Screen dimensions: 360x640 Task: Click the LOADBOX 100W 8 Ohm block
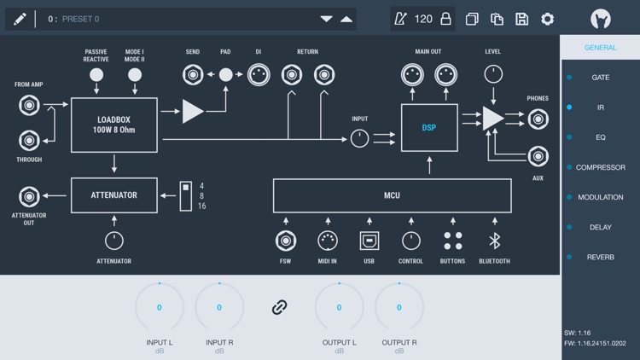(114, 125)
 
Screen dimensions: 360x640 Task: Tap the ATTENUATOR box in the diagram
(114, 195)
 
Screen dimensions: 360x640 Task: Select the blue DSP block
(429, 128)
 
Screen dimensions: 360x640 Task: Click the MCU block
(392, 195)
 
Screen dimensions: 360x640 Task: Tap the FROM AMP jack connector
(29, 106)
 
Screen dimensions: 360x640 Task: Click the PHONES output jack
(538, 119)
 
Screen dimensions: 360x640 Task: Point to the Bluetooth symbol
(494, 241)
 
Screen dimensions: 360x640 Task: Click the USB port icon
(369, 241)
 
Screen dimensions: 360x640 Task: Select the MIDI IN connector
(328, 241)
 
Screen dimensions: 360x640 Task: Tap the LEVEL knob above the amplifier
(493, 74)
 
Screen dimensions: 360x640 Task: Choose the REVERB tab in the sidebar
(601, 257)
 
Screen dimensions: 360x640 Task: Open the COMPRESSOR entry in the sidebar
(601, 167)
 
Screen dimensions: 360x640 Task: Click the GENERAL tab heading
(601, 48)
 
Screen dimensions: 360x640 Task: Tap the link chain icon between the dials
(279, 307)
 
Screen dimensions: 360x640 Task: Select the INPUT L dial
(160, 307)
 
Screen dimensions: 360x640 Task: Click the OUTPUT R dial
(399, 307)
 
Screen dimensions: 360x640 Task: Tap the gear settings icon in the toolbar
(548, 19)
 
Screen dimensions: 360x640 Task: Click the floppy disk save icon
(522, 19)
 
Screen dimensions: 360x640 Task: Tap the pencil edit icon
(20, 19)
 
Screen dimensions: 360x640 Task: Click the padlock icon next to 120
(445, 19)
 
